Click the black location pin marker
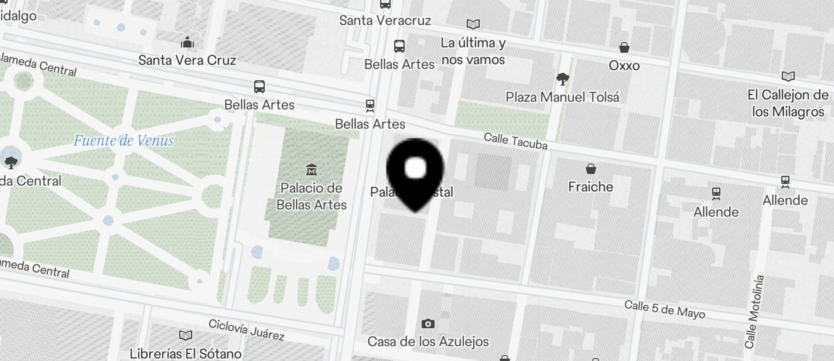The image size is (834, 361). click(x=415, y=171)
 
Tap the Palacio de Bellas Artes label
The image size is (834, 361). click(x=312, y=196)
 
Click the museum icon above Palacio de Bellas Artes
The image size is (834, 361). click(x=312, y=170)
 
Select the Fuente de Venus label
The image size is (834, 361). click(x=124, y=141)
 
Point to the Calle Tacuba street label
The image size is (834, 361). click(x=515, y=141)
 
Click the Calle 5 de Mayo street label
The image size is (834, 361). click(x=664, y=309)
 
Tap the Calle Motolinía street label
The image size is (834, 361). click(x=754, y=311)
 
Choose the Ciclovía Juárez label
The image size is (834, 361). click(x=246, y=330)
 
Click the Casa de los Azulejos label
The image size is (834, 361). click(x=428, y=341)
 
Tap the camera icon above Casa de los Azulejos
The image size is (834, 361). click(x=428, y=323)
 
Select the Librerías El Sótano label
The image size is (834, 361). click(x=186, y=353)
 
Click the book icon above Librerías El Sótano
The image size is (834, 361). click(x=186, y=335)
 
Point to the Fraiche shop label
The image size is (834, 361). click(x=590, y=187)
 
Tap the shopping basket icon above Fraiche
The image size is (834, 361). click(x=591, y=169)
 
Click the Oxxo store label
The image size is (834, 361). click(x=624, y=66)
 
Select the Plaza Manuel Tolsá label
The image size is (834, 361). click(x=562, y=97)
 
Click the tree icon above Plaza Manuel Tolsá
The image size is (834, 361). click(x=562, y=78)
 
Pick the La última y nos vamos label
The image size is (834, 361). click(x=473, y=51)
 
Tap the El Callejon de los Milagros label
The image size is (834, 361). click(x=788, y=103)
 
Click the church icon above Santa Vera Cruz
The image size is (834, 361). click(x=187, y=42)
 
